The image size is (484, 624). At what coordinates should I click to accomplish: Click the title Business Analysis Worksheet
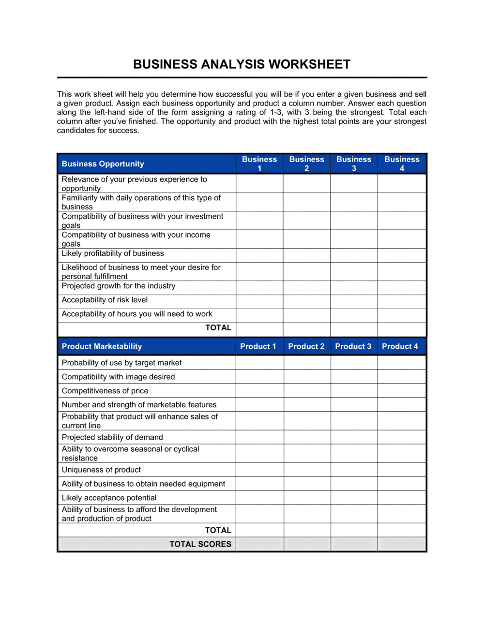click(x=242, y=64)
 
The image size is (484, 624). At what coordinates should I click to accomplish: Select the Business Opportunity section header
click(x=103, y=164)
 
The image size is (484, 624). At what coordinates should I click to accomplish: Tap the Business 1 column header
click(x=259, y=163)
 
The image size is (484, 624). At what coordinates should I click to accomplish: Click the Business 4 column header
click(x=402, y=163)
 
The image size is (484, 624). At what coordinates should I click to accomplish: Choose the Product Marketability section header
click(x=102, y=346)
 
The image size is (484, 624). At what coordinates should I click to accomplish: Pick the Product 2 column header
click(x=306, y=346)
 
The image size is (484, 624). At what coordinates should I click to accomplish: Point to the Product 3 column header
click(x=353, y=346)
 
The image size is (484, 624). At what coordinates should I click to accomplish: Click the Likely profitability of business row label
click(x=113, y=253)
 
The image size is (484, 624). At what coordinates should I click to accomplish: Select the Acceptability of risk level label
click(x=105, y=300)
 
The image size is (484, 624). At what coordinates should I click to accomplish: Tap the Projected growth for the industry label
click(x=119, y=286)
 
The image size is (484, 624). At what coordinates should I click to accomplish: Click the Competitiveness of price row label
click(x=105, y=391)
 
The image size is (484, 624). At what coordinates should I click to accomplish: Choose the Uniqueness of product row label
click(x=101, y=470)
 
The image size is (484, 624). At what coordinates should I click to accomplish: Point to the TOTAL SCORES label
click(x=200, y=544)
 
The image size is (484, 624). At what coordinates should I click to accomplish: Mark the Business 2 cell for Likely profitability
click(x=307, y=255)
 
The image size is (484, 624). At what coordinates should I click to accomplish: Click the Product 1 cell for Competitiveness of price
click(x=260, y=391)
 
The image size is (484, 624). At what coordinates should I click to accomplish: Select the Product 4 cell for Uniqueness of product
click(x=402, y=470)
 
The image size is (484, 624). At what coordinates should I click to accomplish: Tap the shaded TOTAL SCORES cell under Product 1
click(x=260, y=544)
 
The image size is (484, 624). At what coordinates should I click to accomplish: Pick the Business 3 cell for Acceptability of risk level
click(x=354, y=302)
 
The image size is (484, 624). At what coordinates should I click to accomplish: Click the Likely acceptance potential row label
click(x=109, y=498)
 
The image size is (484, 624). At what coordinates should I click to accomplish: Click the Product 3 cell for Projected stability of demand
click(x=354, y=437)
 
